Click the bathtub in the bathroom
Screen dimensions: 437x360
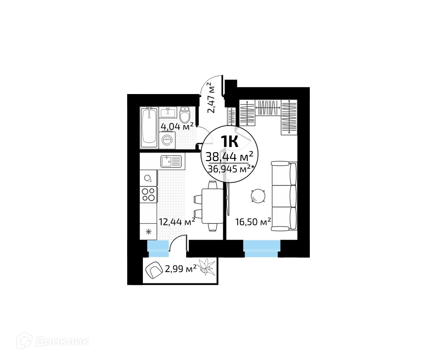click(x=149, y=128)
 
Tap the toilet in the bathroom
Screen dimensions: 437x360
click(x=184, y=115)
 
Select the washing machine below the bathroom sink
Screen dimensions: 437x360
click(x=167, y=140)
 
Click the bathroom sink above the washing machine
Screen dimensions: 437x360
click(x=168, y=112)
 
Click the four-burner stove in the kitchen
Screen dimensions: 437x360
click(x=148, y=195)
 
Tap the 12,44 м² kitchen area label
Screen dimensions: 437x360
click(x=177, y=222)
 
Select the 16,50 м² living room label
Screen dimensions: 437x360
click(x=253, y=222)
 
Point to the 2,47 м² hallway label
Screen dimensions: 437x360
click(x=212, y=98)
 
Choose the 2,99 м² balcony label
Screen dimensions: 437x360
click(x=181, y=269)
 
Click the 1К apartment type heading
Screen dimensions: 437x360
click(x=229, y=141)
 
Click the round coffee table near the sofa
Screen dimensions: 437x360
click(x=258, y=196)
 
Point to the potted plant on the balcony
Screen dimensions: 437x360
click(x=207, y=266)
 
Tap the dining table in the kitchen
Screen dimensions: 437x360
click(x=212, y=206)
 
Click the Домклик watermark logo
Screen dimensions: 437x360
click(x=53, y=340)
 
